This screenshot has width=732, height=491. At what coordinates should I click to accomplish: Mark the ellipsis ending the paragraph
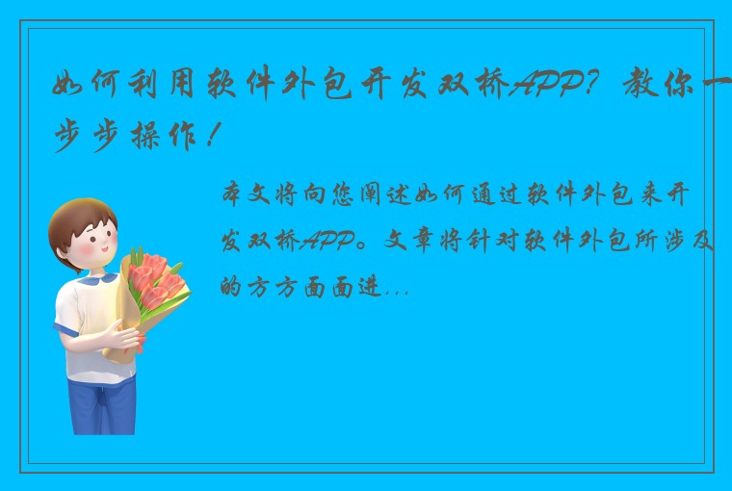[x=397, y=288]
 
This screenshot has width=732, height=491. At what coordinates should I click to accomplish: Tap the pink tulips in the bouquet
[x=154, y=279]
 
